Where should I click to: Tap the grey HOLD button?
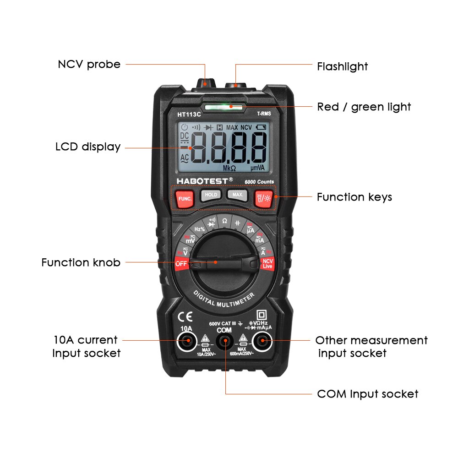tap(211, 195)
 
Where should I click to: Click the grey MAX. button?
tap(237, 195)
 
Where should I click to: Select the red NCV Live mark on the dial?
tap(267, 264)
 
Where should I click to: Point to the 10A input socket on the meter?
tap(186, 341)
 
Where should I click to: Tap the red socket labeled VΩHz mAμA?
tap(262, 341)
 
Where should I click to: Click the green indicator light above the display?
tap(224, 108)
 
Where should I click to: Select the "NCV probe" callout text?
tap(89, 64)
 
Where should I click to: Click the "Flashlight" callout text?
tap(342, 66)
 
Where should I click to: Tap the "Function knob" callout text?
tap(81, 262)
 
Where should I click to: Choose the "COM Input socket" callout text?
tap(367, 394)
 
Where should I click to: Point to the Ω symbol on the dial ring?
tap(224, 221)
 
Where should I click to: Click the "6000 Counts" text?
tap(259, 182)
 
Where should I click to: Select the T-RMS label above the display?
tap(263, 114)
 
